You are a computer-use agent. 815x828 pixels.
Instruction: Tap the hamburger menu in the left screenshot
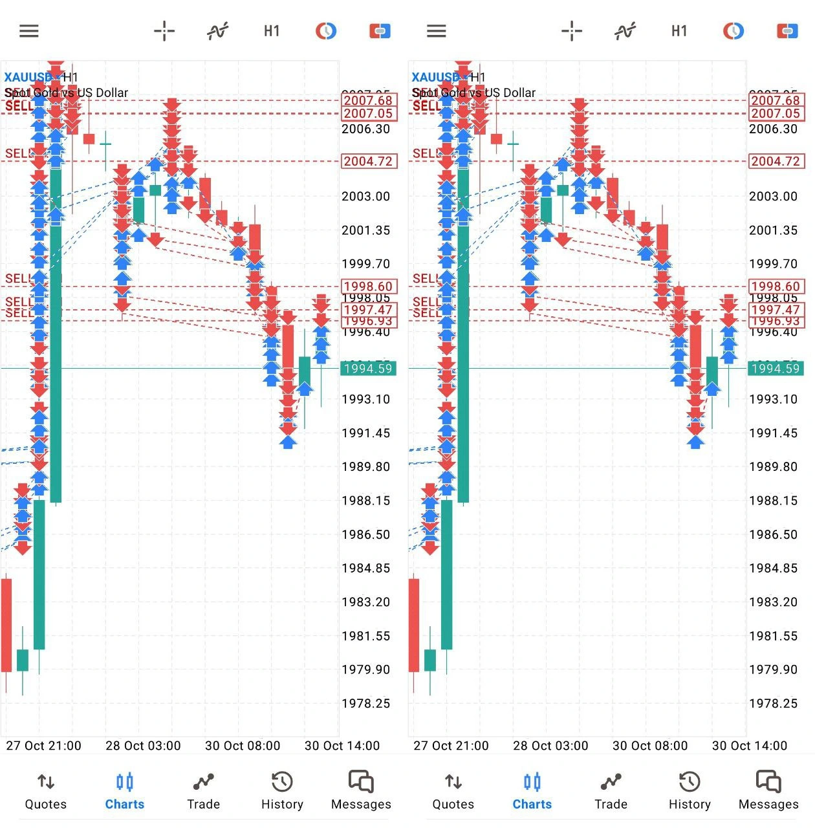point(29,31)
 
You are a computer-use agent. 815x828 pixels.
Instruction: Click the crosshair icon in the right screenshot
point(572,31)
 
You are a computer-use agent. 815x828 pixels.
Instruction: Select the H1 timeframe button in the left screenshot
point(272,31)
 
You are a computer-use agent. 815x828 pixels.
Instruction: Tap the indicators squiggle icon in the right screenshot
point(625,31)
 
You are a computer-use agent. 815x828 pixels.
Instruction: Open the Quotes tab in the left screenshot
point(45,791)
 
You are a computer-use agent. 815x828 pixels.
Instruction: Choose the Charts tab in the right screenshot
point(532,791)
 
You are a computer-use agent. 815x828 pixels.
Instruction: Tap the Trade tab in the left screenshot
point(203,791)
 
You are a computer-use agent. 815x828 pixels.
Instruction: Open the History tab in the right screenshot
point(690,791)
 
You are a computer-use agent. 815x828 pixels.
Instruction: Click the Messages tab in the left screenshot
point(361,791)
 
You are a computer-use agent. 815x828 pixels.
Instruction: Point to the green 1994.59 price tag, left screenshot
point(368,369)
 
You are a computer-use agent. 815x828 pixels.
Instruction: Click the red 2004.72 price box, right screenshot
point(776,161)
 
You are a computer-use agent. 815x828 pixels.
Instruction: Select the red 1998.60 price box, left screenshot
point(368,287)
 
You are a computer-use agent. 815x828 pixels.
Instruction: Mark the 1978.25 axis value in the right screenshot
point(773,703)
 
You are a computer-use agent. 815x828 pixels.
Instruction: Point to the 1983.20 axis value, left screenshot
point(365,602)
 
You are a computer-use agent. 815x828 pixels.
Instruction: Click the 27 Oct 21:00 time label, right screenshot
point(451,746)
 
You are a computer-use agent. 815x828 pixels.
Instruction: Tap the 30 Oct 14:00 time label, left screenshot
point(342,746)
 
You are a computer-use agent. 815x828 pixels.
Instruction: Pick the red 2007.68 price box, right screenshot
point(776,100)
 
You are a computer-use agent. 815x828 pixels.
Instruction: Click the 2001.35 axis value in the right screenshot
point(773,230)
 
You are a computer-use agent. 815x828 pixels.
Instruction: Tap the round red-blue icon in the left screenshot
point(326,31)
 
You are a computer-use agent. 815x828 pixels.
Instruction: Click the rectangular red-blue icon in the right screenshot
point(787,31)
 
